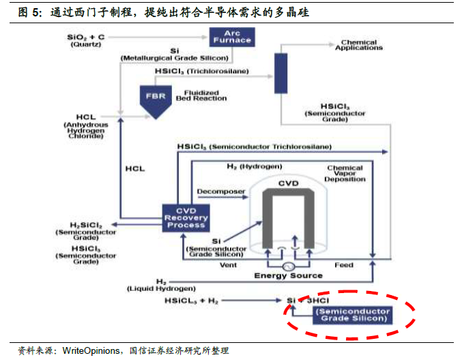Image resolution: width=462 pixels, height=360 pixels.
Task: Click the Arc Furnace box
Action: pyautogui.click(x=232, y=36)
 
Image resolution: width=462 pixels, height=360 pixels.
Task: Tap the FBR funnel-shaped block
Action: pyautogui.click(x=154, y=96)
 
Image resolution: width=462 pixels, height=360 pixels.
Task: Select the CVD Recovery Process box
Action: pyautogui.click(x=186, y=217)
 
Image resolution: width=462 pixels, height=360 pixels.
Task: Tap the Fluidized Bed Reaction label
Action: pyautogui.click(x=197, y=96)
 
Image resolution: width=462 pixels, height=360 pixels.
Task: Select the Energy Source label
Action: pyautogui.click(x=288, y=275)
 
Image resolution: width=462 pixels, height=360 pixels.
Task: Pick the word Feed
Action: pyautogui.click(x=343, y=264)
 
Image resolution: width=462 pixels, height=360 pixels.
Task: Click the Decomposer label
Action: pyautogui.click(x=220, y=192)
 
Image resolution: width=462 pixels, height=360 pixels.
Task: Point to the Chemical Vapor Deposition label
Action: pyautogui.click(x=345, y=174)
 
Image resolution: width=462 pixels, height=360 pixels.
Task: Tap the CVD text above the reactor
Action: pyautogui.click(x=289, y=184)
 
